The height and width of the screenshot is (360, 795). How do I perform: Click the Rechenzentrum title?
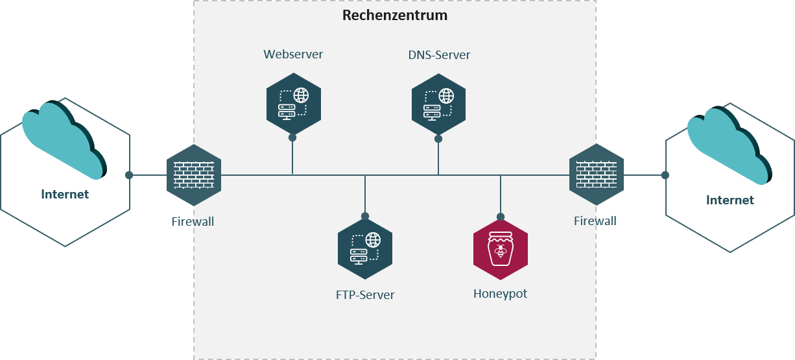pos(395,16)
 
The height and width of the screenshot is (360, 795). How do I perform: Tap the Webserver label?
pos(293,54)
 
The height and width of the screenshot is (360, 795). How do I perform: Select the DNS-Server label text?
pos(439,55)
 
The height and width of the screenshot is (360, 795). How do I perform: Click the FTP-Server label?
pos(365,295)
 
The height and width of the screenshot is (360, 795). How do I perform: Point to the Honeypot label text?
pos(500,294)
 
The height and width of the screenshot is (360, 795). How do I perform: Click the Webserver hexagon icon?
pos(294,104)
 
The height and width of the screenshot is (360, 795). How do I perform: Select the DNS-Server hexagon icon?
pos(438,104)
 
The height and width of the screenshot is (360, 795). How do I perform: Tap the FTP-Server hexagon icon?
pos(365,249)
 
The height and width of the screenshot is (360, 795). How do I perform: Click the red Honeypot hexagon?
pos(501,250)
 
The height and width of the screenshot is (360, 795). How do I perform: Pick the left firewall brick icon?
pos(194,175)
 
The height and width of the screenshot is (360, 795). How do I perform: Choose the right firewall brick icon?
pos(597,174)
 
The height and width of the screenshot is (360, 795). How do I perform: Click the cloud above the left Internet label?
pos(64,140)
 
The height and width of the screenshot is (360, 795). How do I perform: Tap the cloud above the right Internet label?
pos(730,145)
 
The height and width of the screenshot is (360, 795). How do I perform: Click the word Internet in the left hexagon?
pos(65,194)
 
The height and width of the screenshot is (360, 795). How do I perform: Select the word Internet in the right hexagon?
pos(730,200)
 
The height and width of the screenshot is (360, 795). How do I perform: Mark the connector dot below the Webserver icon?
pos(292,138)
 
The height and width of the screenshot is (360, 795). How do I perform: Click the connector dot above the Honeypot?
pos(501,217)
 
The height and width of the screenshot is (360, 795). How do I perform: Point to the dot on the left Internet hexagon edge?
pos(129,175)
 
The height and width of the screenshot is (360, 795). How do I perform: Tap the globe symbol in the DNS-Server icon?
pos(446,96)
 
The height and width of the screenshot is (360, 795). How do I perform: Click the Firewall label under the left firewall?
pos(193,222)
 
